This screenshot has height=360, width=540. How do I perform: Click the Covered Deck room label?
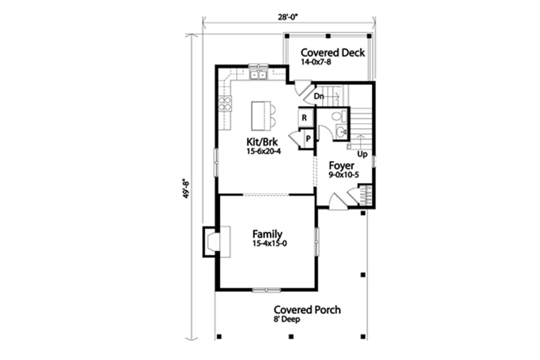tap(332, 53)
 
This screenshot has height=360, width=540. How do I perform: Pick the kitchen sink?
tap(258, 75)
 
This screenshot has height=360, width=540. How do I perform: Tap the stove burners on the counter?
tap(225, 103)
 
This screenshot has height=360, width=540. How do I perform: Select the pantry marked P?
tap(308, 138)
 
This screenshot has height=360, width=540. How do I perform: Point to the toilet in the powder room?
tap(338, 116)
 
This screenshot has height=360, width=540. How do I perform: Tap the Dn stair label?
tap(319, 97)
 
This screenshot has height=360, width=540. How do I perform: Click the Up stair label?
tap(362, 154)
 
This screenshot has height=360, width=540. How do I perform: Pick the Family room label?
tap(267, 234)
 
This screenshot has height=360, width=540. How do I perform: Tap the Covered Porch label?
tap(307, 310)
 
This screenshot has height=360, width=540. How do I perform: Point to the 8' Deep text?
tap(286, 320)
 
